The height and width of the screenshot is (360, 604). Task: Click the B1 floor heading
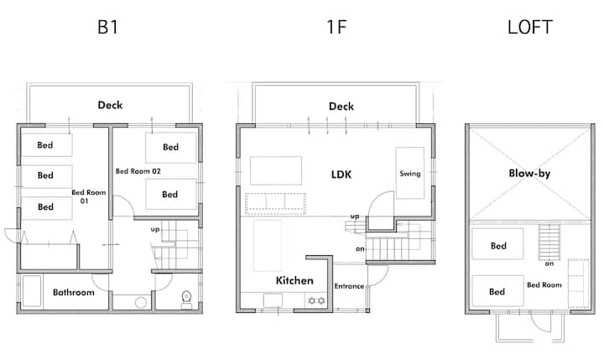pos(107,27)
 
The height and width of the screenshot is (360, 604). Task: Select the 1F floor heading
pos(336,27)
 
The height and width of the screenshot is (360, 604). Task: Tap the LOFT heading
pos(530,27)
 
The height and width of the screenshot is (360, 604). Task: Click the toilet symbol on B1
pos(186,300)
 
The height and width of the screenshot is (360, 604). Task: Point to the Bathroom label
pos(74,292)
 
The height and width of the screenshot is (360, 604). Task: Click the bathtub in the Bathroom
pos(32,291)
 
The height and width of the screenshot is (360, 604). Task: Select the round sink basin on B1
pos(141,303)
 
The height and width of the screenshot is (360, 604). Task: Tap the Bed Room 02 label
pos(138,171)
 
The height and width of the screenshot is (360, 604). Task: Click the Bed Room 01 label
pos(88,196)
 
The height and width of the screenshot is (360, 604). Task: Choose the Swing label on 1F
pos(410,174)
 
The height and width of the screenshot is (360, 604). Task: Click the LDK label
pos(341,175)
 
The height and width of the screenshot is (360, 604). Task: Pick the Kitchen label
pos(294,280)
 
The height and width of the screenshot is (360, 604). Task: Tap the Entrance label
pos(349,286)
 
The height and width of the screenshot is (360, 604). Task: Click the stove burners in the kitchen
pos(316,300)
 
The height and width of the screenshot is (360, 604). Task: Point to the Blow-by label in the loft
pos(529,174)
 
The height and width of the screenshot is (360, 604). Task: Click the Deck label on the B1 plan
pos(110,105)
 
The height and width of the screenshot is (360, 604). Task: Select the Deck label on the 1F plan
pos(341,106)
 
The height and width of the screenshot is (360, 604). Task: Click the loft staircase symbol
pos(549,242)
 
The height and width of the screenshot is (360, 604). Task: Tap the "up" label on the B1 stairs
pos(155,230)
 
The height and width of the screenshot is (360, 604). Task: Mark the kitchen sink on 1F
pos(273,300)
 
